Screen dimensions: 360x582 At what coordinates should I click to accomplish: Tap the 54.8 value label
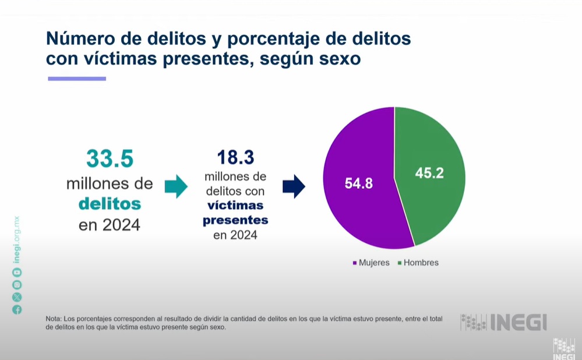(358, 183)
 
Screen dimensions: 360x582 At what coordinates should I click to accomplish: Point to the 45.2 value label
(429, 173)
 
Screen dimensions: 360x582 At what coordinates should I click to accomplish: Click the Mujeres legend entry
(371, 263)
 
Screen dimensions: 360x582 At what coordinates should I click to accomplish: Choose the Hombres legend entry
(418, 263)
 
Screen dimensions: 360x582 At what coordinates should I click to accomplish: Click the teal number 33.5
(110, 158)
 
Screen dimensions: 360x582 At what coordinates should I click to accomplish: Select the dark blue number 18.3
(235, 157)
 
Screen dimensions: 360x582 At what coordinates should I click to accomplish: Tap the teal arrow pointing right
(176, 186)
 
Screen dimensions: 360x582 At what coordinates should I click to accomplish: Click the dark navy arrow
(294, 186)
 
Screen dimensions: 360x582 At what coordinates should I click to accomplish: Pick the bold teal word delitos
(110, 204)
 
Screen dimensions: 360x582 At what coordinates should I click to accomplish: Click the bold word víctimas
(235, 206)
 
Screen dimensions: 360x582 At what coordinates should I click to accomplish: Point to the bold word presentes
(235, 220)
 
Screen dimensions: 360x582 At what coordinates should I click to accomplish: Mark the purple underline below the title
(76, 79)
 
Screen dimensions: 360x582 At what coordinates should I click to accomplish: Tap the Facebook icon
(17, 309)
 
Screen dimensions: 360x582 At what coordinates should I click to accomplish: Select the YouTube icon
(17, 272)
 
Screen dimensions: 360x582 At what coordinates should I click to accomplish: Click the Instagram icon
(17, 284)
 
